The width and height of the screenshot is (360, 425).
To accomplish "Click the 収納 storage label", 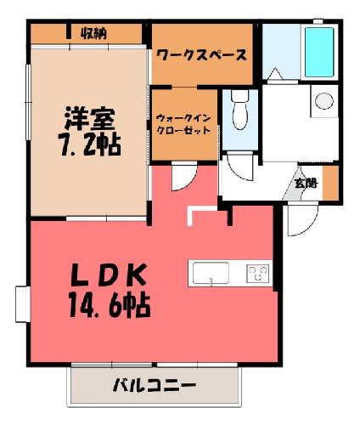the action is [x=93, y=34].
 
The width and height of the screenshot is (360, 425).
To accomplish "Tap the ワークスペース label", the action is [x=201, y=55].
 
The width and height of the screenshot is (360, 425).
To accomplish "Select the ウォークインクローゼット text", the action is [x=183, y=124].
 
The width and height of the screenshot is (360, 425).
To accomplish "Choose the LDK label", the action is [x=109, y=275].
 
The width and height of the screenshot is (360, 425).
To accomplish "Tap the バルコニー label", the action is [x=155, y=385].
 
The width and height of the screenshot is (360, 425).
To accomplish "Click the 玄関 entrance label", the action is [x=307, y=184].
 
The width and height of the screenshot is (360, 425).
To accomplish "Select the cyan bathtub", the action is [x=319, y=52].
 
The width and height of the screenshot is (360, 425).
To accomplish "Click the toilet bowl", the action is [x=240, y=110].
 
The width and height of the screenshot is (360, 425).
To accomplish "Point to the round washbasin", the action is [x=324, y=101].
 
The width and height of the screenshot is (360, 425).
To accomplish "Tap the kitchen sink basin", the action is [x=211, y=273].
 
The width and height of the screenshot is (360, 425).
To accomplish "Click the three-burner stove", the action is [x=257, y=273].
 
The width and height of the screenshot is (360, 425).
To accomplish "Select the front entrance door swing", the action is [x=302, y=220].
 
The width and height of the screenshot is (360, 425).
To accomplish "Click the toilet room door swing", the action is [x=239, y=167].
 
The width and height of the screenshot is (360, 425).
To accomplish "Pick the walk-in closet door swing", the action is [x=184, y=177].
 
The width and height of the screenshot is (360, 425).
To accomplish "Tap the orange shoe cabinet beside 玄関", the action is [x=330, y=183].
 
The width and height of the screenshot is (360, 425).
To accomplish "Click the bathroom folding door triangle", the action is [x=275, y=74].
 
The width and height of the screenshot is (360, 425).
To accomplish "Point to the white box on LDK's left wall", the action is [x=23, y=304].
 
